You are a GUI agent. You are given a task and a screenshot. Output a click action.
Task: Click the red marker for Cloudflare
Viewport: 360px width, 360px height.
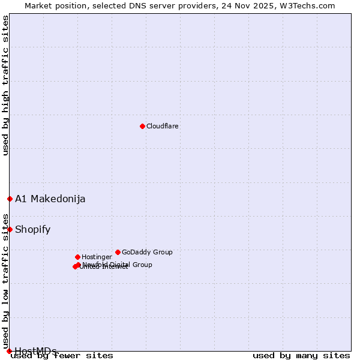click(x=142, y=126)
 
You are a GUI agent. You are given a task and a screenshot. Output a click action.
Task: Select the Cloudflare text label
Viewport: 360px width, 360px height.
click(x=163, y=126)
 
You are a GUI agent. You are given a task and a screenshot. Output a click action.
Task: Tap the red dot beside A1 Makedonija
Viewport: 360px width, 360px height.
click(x=10, y=199)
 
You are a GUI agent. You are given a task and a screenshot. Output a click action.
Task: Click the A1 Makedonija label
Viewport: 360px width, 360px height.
click(x=50, y=199)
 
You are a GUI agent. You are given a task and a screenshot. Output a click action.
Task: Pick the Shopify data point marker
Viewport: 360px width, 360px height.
click(x=10, y=229)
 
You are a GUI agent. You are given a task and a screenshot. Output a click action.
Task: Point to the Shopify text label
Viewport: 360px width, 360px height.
click(x=33, y=230)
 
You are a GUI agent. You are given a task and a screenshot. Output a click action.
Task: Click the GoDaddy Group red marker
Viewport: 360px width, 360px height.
click(x=118, y=252)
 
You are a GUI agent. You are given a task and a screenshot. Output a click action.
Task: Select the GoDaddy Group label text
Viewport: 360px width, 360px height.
click(x=147, y=252)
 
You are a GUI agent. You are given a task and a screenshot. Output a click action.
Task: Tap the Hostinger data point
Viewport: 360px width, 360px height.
click(x=77, y=257)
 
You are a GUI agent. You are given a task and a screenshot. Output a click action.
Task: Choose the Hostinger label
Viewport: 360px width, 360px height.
click(x=97, y=257)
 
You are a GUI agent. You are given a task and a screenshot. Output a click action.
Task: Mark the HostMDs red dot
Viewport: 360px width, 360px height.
click(x=9, y=351)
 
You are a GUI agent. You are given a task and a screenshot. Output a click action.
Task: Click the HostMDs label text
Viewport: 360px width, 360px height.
click(x=36, y=351)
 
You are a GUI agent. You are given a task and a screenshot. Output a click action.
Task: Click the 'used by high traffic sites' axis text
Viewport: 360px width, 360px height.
click(x=5, y=85)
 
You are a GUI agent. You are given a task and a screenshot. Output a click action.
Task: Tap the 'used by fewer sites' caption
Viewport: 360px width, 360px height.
click(x=62, y=356)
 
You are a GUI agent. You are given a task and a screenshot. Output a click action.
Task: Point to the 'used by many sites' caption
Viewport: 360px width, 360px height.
click(x=301, y=356)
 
